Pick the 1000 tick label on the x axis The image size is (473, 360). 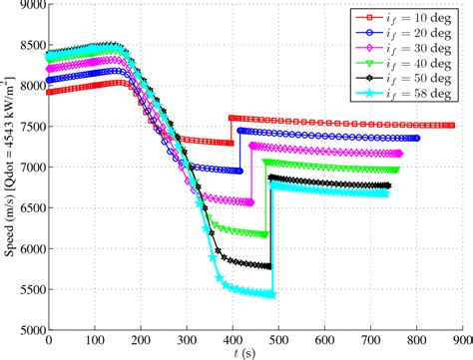[x=460, y=340]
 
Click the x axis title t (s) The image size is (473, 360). [x=255, y=353]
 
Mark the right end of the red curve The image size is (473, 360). [x=452, y=126]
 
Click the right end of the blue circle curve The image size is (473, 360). [x=415, y=138]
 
